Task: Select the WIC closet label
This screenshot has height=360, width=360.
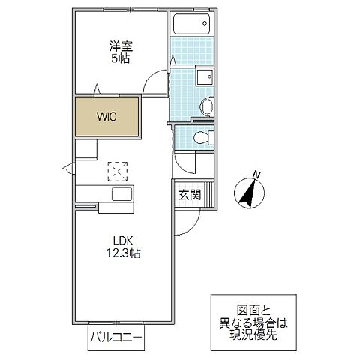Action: (105, 116)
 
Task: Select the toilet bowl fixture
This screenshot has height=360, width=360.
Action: (197, 137)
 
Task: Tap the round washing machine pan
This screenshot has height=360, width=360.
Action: (207, 104)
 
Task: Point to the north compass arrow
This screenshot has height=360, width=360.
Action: (247, 193)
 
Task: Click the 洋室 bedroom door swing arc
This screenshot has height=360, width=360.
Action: (155, 79)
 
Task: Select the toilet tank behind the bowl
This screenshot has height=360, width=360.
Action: (211, 137)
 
